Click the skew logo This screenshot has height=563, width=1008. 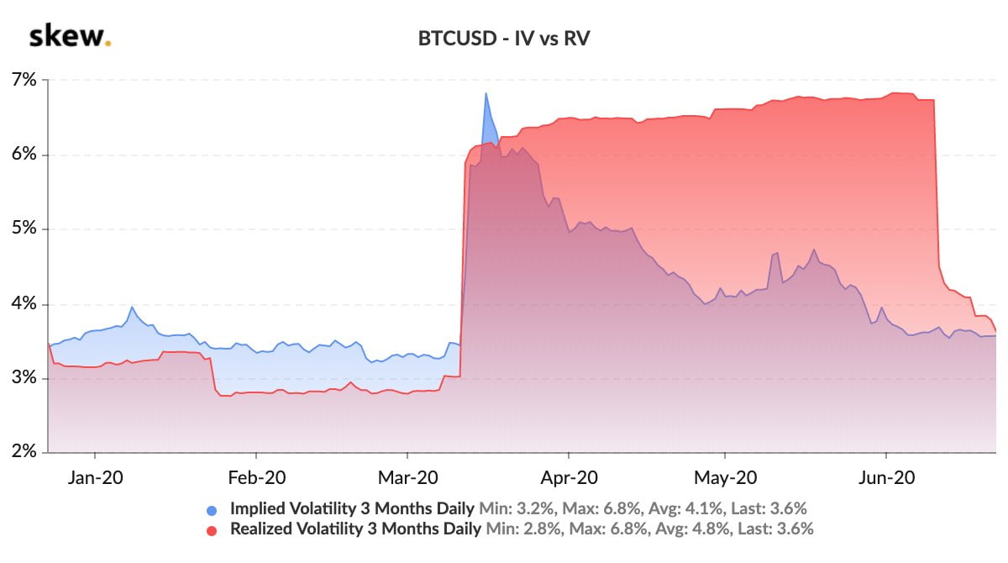pyautogui.click(x=70, y=37)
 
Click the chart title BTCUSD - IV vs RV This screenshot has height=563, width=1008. pyautogui.click(x=504, y=39)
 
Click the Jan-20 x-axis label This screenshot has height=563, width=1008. pyautogui.click(x=95, y=477)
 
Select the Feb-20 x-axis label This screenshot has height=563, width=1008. pyautogui.click(x=256, y=477)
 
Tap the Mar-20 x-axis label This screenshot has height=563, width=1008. pyautogui.click(x=407, y=477)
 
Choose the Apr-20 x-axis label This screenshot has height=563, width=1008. pyautogui.click(x=569, y=477)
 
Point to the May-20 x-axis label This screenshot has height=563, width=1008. pyautogui.click(x=726, y=477)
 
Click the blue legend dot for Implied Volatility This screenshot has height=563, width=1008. pyautogui.click(x=212, y=509)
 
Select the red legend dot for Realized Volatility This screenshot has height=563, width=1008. pyautogui.click(x=212, y=530)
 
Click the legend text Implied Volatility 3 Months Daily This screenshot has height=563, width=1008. pyautogui.click(x=352, y=508)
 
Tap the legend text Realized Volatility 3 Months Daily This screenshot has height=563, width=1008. pyautogui.click(x=355, y=529)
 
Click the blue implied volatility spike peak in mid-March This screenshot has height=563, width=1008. pyautogui.click(x=486, y=93)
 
